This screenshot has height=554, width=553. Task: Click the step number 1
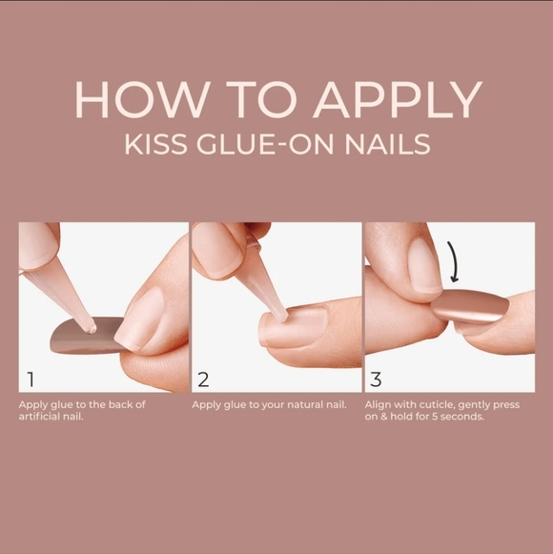pos(31,380)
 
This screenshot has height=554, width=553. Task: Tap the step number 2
pos(203,380)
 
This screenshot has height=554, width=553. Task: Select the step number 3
pos(376,380)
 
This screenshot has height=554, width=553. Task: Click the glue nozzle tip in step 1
pos(90,327)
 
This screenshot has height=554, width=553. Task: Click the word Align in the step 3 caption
pos(379,405)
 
